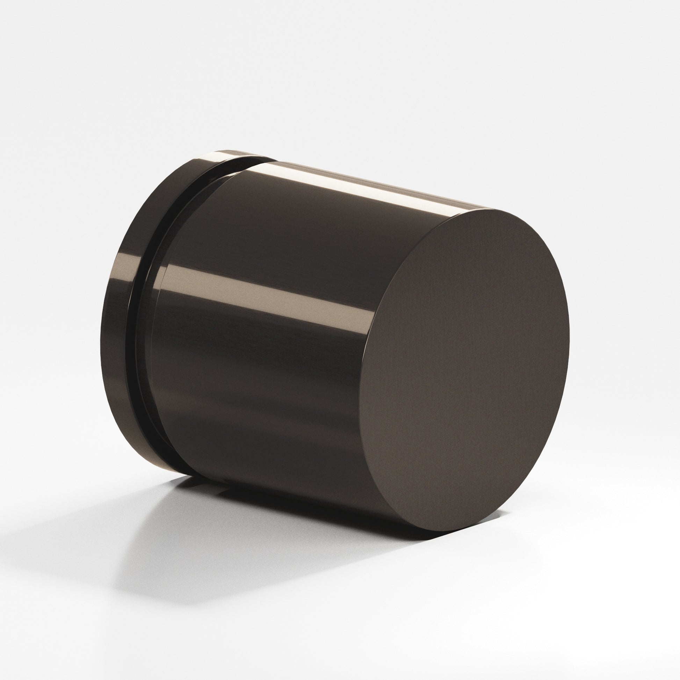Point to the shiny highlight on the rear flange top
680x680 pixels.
(225, 155)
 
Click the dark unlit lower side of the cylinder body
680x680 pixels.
(264, 422)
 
